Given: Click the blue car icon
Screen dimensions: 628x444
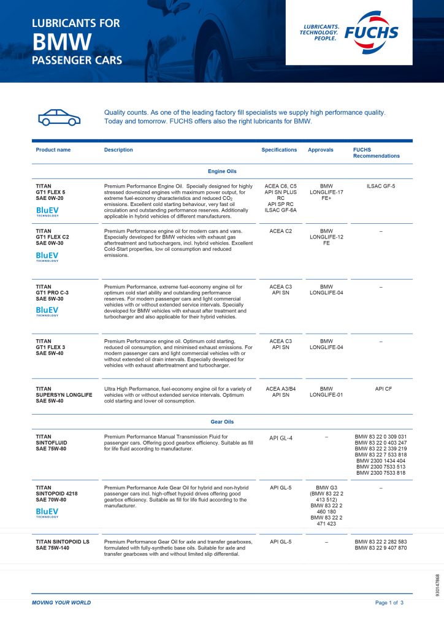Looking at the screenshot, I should [59, 117].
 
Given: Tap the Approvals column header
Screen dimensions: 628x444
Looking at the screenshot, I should [321, 150].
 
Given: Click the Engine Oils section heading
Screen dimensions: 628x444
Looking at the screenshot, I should [222, 171].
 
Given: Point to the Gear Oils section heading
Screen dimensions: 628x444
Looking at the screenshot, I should [222, 422].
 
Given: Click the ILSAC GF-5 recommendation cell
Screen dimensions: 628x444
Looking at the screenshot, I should [381, 186].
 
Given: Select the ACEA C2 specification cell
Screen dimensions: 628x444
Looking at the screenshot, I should [279, 231].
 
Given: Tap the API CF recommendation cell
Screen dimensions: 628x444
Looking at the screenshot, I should [381, 388].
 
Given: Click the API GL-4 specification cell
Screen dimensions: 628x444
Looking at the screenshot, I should [281, 438].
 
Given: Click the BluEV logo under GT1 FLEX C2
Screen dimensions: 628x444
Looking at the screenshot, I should [47, 256].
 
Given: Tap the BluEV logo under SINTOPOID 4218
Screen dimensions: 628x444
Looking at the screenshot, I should [47, 511].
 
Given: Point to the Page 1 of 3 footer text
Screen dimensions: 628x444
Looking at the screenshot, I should [389, 603].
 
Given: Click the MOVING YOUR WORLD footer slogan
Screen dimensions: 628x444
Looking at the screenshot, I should [61, 603].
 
